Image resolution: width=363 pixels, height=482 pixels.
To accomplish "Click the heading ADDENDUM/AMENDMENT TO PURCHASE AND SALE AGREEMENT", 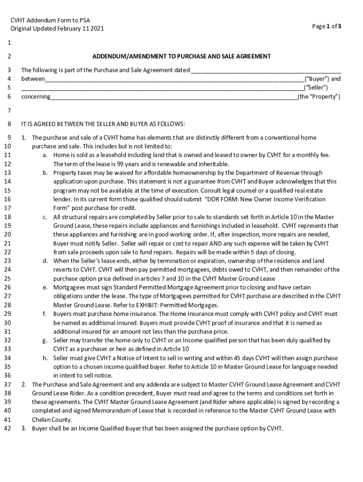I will point(181,56).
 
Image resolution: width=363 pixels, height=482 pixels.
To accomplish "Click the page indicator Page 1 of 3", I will point(326,27).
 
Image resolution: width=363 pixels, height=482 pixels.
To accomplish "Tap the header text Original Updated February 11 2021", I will point(58,29).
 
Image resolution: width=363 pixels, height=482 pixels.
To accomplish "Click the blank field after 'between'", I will point(174,80).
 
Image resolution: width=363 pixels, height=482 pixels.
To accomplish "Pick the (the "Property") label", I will point(319,97).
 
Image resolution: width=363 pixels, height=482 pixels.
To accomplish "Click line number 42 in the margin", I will point(7,428).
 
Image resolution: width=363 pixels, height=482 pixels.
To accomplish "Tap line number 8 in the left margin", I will point(9,124).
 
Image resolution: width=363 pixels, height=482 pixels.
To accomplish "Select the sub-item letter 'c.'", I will point(44,217).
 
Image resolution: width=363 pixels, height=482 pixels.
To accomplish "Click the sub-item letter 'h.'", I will point(44,358).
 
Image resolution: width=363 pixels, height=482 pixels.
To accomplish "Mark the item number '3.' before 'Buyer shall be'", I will point(24,428).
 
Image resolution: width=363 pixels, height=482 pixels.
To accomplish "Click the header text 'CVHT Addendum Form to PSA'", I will point(50,20).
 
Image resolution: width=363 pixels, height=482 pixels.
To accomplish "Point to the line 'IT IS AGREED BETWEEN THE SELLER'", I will point(103,124).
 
